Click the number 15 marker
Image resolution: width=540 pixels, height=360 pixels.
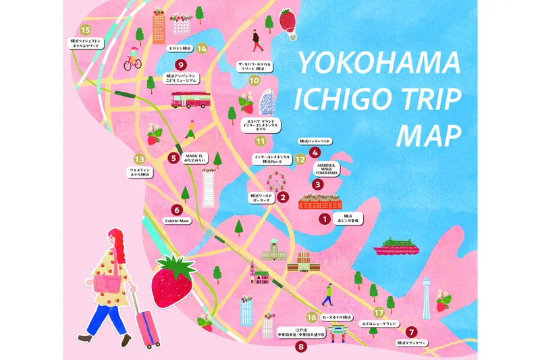click(85, 30)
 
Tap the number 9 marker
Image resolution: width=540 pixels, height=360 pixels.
click(181, 65)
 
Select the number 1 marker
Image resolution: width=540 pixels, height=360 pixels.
click(324, 218)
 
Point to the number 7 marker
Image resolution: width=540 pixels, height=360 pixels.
click(411, 332)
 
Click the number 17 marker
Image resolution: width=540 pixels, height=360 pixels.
click(379, 312)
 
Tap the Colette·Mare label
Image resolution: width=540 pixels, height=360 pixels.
click(176, 220)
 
